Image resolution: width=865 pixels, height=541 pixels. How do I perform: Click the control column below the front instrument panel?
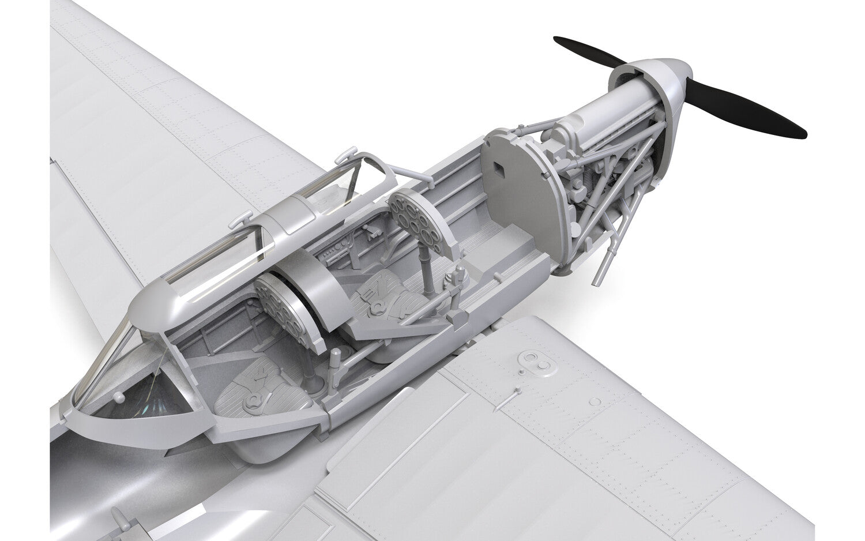point(430,271)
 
